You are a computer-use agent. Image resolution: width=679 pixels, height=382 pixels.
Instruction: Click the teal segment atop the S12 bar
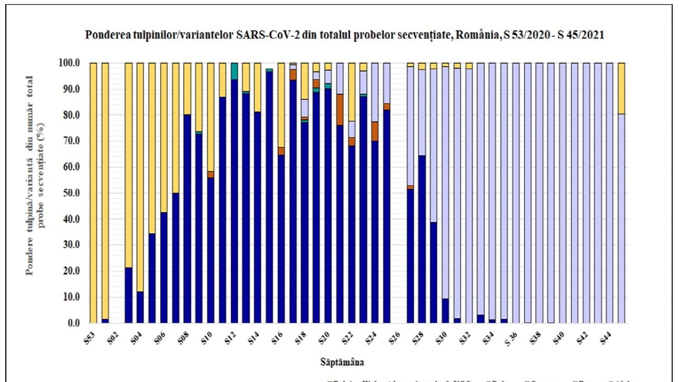234,70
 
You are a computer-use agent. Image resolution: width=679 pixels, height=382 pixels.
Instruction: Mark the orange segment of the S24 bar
374,131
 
